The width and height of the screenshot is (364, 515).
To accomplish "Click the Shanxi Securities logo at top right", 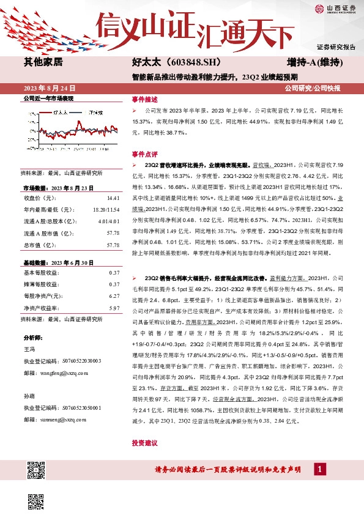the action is [x=335, y=9].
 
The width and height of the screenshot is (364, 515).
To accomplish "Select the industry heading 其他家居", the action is [x=43, y=62].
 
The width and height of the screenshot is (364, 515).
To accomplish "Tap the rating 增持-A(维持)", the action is [x=314, y=62].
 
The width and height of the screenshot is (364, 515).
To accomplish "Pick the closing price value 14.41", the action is [x=113, y=199].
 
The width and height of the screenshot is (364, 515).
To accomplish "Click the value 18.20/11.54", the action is [x=106, y=210].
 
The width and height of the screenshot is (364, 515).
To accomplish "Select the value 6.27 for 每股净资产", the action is [x=113, y=296].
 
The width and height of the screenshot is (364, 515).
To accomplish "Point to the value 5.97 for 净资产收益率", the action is [x=113, y=308].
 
